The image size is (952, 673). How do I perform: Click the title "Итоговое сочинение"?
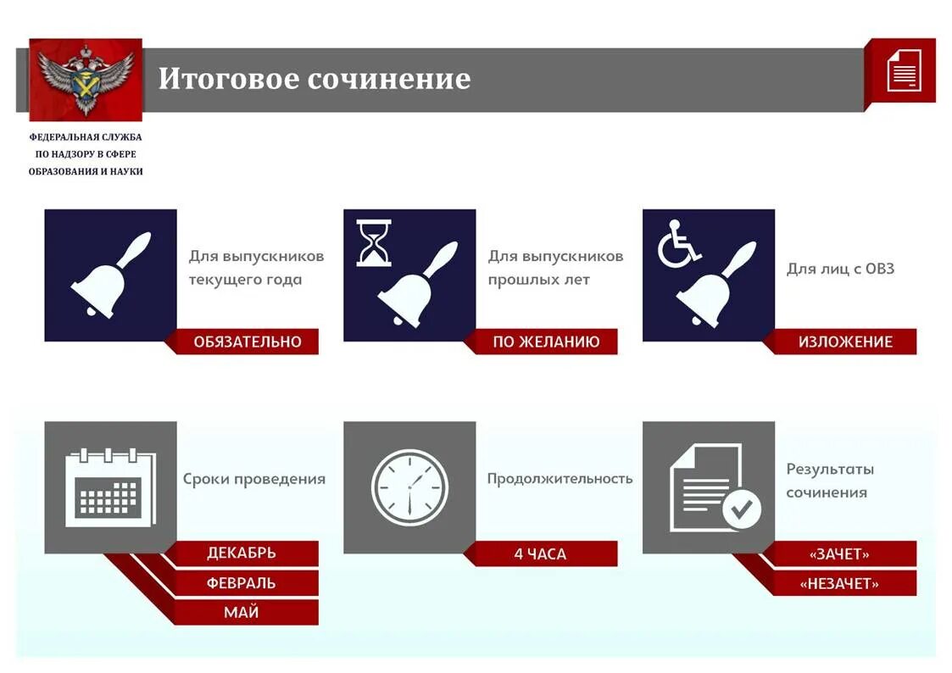pos(314,79)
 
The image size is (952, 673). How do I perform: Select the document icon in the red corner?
pos(904,70)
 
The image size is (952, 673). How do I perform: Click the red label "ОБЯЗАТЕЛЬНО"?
pos(247,342)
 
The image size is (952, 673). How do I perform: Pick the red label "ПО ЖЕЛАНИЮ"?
pos(546,342)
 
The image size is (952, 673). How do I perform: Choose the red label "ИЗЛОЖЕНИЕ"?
pos(844,342)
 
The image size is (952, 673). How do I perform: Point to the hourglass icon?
pos(374,243)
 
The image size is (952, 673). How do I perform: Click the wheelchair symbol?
pos(679,244)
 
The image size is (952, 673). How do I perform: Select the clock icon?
pos(409,487)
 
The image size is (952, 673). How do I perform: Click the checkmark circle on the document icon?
pos(742,509)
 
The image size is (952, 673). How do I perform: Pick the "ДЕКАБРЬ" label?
pos(242,553)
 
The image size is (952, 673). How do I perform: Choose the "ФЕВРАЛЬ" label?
pos(242,583)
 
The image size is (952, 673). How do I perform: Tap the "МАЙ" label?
pos(242,612)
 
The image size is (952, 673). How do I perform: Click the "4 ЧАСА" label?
pos(540,554)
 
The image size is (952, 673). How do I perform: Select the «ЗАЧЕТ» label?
pos(839,554)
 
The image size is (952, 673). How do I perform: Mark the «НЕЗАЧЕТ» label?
pos(839,583)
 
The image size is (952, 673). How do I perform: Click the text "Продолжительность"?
pos(560,478)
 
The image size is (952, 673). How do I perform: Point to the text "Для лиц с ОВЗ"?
pos(840,269)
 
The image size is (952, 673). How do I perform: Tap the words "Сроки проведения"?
pos(254,478)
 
